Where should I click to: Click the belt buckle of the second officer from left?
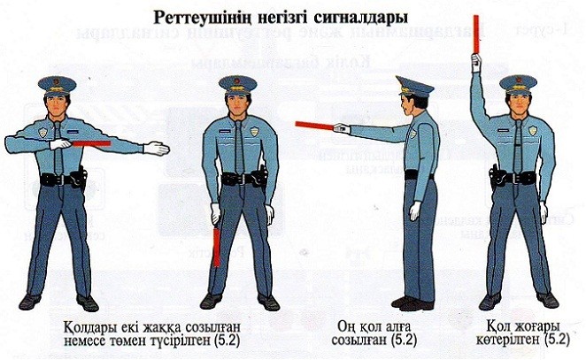(x=239, y=180)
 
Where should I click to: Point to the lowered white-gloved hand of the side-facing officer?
(x=413, y=211)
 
